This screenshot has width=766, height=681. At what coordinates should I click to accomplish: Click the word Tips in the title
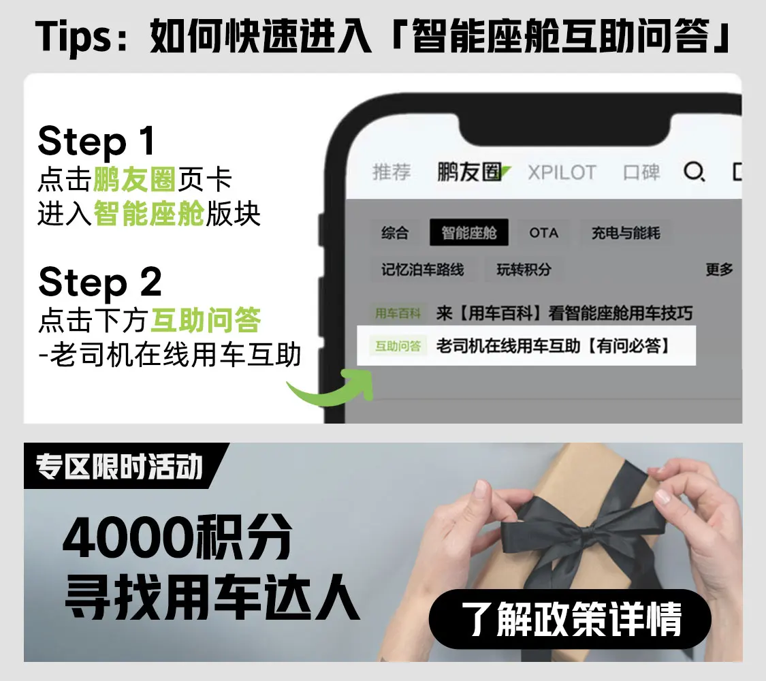pyautogui.click(x=74, y=37)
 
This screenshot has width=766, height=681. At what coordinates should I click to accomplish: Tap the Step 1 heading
pyautogui.click(x=96, y=142)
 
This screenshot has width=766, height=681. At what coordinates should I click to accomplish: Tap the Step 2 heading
pyautogui.click(x=99, y=283)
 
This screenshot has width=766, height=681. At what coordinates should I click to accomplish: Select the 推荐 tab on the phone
pyautogui.click(x=392, y=172)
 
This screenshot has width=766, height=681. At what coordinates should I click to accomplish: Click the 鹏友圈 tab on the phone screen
pyautogui.click(x=469, y=172)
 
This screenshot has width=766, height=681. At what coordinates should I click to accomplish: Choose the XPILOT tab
pyautogui.click(x=562, y=172)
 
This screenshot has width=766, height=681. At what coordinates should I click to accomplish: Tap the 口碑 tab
pyautogui.click(x=641, y=172)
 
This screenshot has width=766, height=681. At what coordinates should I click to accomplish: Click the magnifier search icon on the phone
pyautogui.click(x=694, y=172)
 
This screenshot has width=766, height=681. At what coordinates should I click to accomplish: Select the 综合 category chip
pyautogui.click(x=395, y=232)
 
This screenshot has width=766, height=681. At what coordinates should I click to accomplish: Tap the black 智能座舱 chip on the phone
pyautogui.click(x=469, y=232)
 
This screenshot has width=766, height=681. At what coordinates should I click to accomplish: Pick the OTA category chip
pyautogui.click(x=544, y=232)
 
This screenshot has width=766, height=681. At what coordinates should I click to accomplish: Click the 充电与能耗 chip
pyautogui.click(x=626, y=232)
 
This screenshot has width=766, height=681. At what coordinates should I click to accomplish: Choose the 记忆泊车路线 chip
pyautogui.click(x=423, y=269)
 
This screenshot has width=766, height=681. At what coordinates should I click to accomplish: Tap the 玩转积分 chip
pyautogui.click(x=524, y=269)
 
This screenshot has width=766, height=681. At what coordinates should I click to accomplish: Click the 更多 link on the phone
pyautogui.click(x=719, y=269)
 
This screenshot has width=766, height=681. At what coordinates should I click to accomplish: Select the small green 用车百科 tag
pyautogui.click(x=398, y=313)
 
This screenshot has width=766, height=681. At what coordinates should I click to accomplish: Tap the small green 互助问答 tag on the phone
pyautogui.click(x=398, y=346)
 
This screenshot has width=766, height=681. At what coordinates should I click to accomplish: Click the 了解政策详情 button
pyautogui.click(x=571, y=619)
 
